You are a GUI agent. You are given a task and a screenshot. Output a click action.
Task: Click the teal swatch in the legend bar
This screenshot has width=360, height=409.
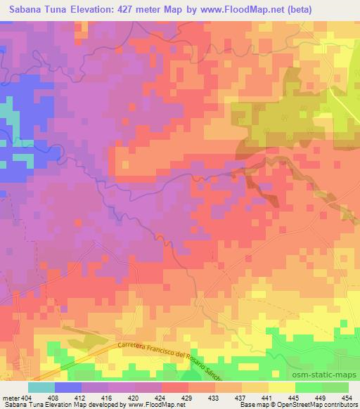pyautogui.click(x=41, y=387)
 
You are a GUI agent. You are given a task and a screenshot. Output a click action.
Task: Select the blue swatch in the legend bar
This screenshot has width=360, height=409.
pyautogui.click(x=68, y=387)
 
